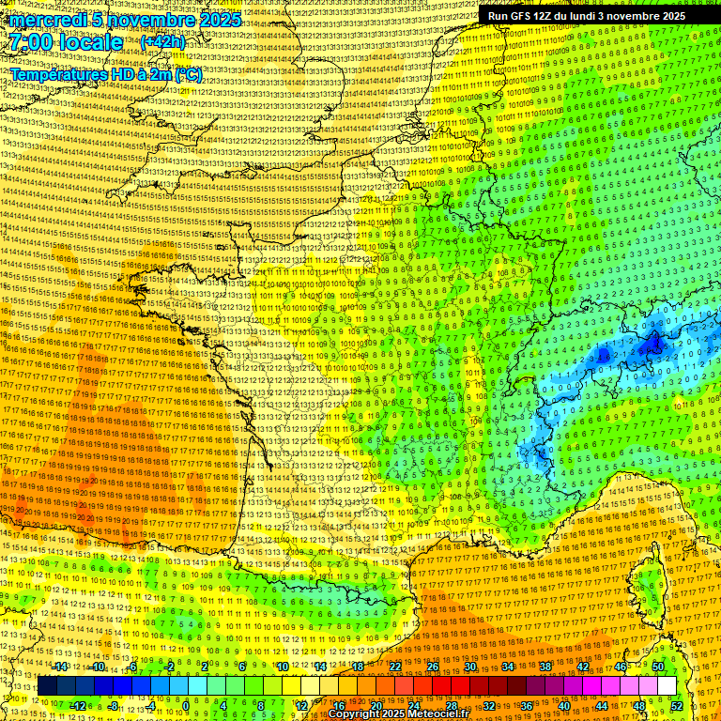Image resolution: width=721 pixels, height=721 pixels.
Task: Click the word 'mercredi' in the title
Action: [48, 20]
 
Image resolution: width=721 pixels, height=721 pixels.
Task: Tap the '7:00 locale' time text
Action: [67, 42]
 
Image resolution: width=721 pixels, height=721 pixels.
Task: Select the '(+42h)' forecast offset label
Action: [162, 42]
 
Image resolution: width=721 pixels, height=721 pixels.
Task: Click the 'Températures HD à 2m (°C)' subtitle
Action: [106, 75]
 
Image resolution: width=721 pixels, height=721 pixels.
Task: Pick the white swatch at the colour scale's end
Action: [667, 686]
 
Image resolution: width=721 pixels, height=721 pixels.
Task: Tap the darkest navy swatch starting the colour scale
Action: [47, 686]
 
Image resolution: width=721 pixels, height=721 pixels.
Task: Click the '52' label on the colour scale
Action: [677, 705]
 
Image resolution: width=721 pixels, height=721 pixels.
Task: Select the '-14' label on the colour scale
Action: [61, 667]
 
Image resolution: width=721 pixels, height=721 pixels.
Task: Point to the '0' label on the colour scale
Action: [186, 705]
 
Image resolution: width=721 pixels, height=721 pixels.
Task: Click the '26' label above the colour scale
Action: [433, 667]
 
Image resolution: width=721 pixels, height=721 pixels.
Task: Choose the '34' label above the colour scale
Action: [508, 667]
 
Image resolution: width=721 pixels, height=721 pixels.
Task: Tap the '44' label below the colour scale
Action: [601, 705]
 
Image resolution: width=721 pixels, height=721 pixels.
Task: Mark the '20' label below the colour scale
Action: [376, 705]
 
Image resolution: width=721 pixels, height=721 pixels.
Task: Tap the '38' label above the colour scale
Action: [545, 667]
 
